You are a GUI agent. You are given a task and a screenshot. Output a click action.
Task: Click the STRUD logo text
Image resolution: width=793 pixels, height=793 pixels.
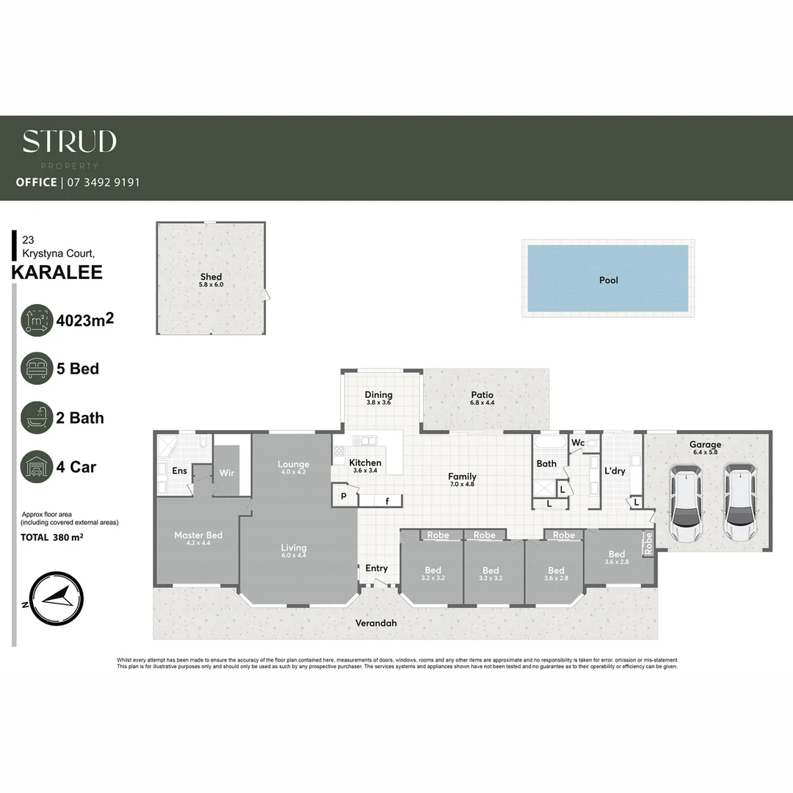[x=69, y=142]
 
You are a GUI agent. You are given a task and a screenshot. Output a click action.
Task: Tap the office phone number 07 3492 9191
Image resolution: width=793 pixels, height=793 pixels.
[x=103, y=182]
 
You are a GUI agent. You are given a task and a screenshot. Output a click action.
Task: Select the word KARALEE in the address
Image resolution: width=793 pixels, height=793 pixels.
[x=57, y=273]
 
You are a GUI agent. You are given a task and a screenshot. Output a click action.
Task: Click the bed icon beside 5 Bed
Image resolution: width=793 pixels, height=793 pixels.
[x=37, y=369]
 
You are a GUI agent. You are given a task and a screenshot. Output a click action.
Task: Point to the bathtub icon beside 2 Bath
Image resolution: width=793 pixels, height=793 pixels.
[x=37, y=418]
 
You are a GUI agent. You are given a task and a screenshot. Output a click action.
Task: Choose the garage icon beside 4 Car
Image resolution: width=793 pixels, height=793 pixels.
[x=37, y=467]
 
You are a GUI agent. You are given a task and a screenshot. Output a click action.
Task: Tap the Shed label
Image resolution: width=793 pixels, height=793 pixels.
[x=211, y=277]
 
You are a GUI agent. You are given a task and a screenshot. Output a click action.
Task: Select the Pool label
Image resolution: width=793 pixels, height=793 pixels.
[x=608, y=280]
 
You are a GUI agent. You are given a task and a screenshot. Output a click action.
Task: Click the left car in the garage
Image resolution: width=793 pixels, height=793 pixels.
[x=685, y=502]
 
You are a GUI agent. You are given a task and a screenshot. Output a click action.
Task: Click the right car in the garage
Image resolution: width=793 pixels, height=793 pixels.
[x=739, y=502]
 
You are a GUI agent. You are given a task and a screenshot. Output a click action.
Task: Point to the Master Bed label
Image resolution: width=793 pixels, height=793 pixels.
[x=198, y=535]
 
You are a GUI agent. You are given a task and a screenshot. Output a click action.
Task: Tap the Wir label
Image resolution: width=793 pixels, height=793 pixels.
[x=227, y=474]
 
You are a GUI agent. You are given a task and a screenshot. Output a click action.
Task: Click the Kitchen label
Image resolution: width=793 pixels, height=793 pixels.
[x=365, y=463]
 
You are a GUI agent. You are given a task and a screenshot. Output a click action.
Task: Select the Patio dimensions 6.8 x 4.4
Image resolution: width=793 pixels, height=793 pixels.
[x=482, y=403]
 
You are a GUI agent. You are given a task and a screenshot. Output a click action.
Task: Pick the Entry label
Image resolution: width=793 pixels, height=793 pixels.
[x=377, y=568]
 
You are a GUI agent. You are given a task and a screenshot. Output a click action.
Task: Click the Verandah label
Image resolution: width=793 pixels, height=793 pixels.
[x=376, y=623]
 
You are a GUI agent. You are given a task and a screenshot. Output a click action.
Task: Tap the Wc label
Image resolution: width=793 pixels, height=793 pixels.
[x=578, y=443]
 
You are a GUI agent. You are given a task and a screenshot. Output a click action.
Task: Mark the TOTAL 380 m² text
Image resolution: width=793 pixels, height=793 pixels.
[x=51, y=537]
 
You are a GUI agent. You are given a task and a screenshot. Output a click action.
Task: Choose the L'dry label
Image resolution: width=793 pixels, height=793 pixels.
[x=615, y=471]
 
